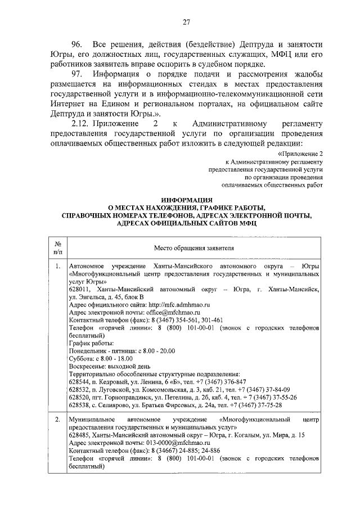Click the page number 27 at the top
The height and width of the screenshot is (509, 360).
[186, 22]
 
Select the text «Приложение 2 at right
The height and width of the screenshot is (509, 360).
[301, 154]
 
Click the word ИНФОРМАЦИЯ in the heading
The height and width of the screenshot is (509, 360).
[186, 200]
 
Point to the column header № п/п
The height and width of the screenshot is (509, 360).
[57, 249]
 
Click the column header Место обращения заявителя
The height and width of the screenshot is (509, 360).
[194, 249]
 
